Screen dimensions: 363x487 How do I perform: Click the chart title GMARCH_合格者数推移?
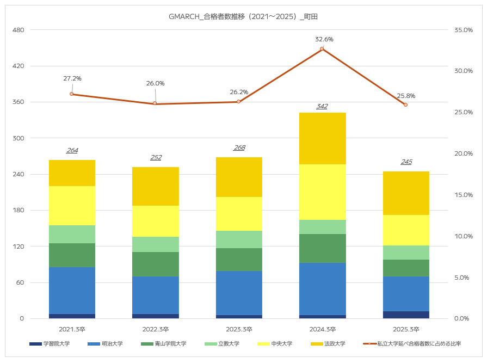pyautogui.click(x=243, y=17)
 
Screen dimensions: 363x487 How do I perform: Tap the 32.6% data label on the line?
pyautogui.click(x=324, y=39)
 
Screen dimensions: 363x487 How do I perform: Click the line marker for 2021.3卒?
pyautogui.click(x=72, y=94)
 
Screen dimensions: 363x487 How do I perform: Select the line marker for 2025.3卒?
pyautogui.click(x=405, y=104)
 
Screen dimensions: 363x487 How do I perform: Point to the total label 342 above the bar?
pyautogui.click(x=322, y=106)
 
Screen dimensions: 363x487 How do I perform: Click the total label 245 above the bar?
pyautogui.click(x=406, y=162)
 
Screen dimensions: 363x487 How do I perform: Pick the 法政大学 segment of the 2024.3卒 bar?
pyautogui.click(x=322, y=138)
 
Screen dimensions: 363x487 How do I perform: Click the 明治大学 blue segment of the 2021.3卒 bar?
pyautogui.click(x=72, y=290)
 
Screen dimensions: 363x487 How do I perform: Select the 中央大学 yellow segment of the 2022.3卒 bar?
pyautogui.click(x=156, y=221)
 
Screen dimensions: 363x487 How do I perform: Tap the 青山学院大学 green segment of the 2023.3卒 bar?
pyautogui.click(x=239, y=259)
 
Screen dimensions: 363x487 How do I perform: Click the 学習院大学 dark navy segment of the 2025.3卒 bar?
pyautogui.click(x=406, y=315)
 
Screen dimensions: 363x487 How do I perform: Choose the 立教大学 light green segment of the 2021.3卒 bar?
pyautogui.click(x=72, y=234)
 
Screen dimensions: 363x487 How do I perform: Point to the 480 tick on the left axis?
pyautogui.click(x=19, y=30)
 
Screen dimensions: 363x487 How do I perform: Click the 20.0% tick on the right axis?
pyautogui.click(x=463, y=153)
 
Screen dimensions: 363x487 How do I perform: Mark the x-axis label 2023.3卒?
pyautogui.click(x=239, y=329)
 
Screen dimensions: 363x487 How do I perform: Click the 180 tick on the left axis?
pyautogui.click(x=19, y=211)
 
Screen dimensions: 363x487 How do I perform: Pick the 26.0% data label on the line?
pyautogui.click(x=155, y=83)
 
